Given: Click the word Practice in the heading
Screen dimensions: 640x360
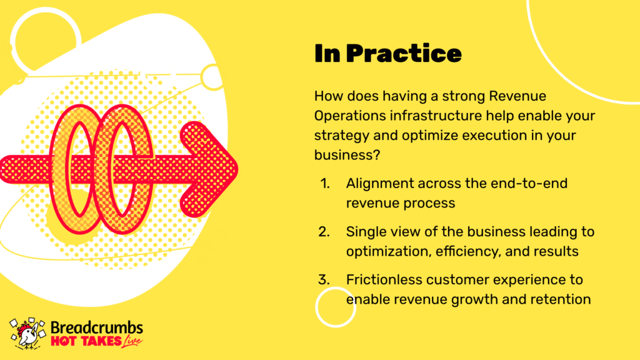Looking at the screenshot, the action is coord(404,54).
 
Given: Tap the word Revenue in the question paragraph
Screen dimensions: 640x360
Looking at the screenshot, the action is coord(517,96).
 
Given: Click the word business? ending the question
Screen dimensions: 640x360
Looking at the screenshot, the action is coord(347,155).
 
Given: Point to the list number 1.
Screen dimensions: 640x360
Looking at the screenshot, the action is coord(325,183).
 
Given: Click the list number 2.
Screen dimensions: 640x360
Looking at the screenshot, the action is coord(324,231).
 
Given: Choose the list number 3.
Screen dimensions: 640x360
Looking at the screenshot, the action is coord(324,279).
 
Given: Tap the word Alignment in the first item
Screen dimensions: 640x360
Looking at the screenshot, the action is coord(380,184).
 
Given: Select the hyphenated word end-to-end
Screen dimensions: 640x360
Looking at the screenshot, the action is coord(529,183).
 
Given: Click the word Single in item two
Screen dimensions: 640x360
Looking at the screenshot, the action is coord(366,232).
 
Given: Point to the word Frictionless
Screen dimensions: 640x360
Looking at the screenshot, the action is coord(384,279).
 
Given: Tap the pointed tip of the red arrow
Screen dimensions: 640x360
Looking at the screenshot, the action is coord(237,169).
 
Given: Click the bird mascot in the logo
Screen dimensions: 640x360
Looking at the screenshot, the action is coord(27,334).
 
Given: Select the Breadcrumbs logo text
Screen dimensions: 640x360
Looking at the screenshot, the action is coord(97,327).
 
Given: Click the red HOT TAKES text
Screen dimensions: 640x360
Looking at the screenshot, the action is coord(86,341).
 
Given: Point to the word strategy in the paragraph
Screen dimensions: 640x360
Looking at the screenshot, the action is coord(342,136).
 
